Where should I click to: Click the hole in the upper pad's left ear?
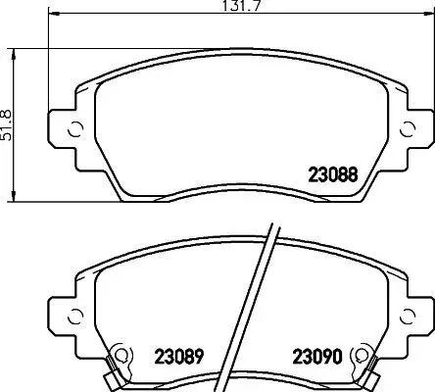pyautogui.click(x=72, y=130)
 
